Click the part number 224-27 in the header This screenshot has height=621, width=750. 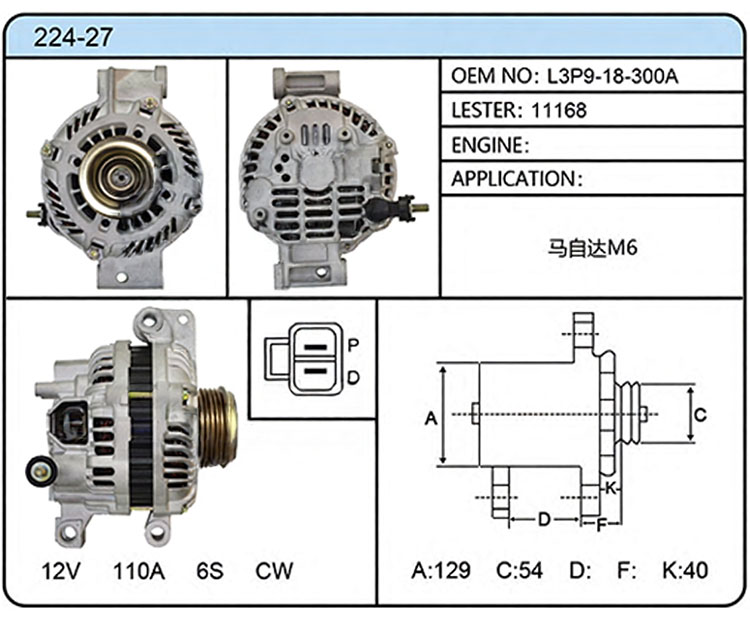pyautogui.click(x=73, y=37)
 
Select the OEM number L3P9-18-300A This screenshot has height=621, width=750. pyautogui.click(x=613, y=76)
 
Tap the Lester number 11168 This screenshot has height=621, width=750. pyautogui.click(x=559, y=111)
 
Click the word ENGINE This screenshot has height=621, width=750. pyautogui.click(x=487, y=145)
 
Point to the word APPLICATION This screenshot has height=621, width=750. pyautogui.click(x=513, y=179)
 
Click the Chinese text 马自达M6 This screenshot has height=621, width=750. pyautogui.click(x=593, y=248)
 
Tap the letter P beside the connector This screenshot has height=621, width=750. pyautogui.click(x=353, y=344)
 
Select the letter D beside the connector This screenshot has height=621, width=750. pyautogui.click(x=353, y=378)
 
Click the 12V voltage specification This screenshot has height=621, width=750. pyautogui.click(x=61, y=570)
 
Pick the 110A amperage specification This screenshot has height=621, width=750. pyautogui.click(x=139, y=570)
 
